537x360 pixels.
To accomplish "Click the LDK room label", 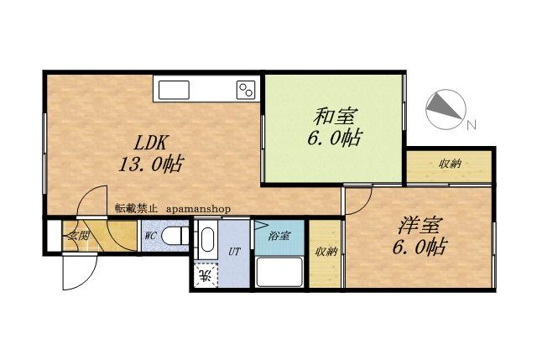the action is tap(150, 143).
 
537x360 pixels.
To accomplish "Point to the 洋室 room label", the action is tap(420, 226).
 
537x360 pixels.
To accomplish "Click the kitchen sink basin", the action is tap(174, 90).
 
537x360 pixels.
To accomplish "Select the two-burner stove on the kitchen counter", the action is tap(246, 90).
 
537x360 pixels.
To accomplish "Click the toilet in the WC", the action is tap(175, 237).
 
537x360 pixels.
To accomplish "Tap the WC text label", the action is tap(151, 236).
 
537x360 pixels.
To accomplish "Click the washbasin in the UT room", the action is tap(207, 239).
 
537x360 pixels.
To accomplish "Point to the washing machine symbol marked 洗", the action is tap(206, 274).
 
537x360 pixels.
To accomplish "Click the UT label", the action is tap(234, 253).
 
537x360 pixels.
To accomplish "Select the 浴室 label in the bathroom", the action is tap(279, 236).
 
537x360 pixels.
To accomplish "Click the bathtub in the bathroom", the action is tap(279, 272).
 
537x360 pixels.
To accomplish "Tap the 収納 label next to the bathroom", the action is tap(326, 253).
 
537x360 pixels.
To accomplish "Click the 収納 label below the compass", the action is tap(450, 164).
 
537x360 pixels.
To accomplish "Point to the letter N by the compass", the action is tap(472, 125).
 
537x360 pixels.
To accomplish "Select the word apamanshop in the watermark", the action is tap(199, 209).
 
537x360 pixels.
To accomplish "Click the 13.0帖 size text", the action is tap(151, 164).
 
